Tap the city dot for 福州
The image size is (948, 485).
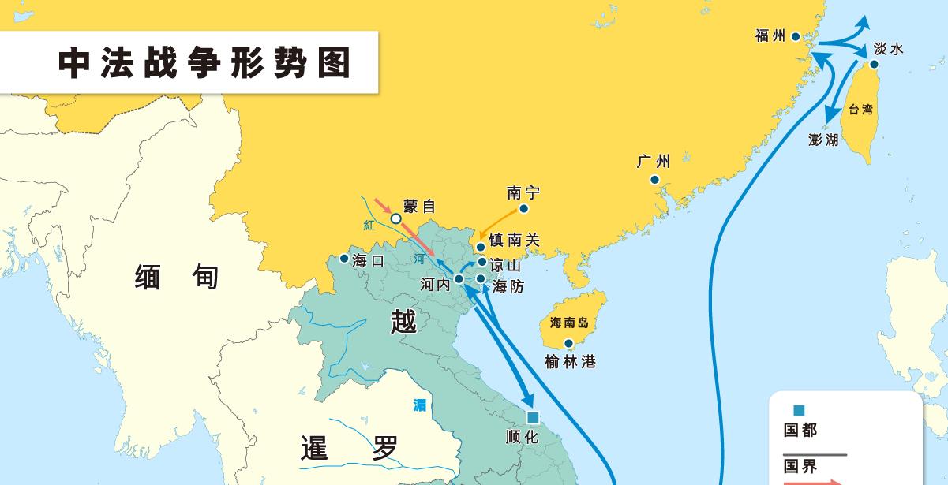[796, 37]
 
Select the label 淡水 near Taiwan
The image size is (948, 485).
[888, 49]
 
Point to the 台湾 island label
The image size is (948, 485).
[860, 110]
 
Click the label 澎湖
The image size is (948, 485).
[823, 140]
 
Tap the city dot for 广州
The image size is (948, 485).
[654, 180]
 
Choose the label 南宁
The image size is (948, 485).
[523, 192]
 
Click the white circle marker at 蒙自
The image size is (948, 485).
[396, 218]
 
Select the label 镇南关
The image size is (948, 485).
[514, 241]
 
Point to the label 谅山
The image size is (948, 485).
[505, 265]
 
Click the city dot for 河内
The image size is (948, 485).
[459, 278]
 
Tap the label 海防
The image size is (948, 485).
[508, 287]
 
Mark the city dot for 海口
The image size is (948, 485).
[344, 259]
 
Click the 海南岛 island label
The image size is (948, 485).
[569, 322]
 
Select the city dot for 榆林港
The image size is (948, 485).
[568, 343]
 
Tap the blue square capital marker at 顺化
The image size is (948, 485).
[533, 417]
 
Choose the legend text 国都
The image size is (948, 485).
[800, 430]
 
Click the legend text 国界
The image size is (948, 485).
[800, 466]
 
